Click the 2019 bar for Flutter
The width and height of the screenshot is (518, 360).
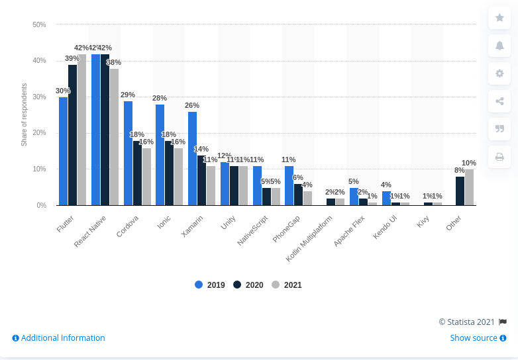[x=63, y=151]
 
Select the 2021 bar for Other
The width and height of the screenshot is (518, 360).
[x=469, y=187]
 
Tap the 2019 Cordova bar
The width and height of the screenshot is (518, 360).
[x=128, y=153]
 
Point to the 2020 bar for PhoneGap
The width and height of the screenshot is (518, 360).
[x=298, y=195]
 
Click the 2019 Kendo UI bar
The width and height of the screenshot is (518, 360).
[x=386, y=198]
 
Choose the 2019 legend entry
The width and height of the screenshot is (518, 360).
[x=210, y=285]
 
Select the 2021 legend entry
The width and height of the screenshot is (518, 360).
[x=287, y=285]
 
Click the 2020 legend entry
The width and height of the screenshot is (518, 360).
[x=248, y=285]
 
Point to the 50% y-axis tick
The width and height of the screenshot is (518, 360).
[x=39, y=24]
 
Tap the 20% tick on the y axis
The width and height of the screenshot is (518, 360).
[x=39, y=133]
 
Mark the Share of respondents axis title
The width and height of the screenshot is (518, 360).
[x=24, y=114]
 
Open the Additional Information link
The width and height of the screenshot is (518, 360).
[x=58, y=338]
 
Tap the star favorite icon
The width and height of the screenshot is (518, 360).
[x=499, y=18]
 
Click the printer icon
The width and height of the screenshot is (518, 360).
[x=499, y=157]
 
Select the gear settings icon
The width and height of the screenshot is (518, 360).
[x=499, y=73]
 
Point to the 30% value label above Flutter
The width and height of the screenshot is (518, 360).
[x=63, y=91]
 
